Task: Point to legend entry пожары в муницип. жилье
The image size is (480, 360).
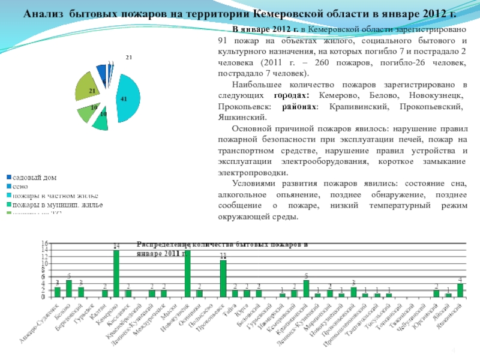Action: [58, 205]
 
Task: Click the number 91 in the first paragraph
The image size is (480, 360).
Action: [222, 41]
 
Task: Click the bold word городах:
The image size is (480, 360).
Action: [292, 95]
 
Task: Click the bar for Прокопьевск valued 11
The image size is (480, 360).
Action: [223, 278]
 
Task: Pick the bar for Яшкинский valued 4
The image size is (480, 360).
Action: [460, 290]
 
